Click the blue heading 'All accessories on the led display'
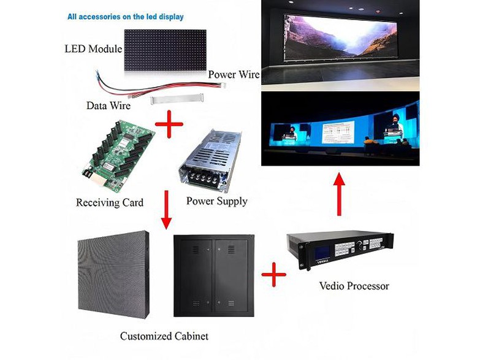125,17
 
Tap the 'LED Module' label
93,48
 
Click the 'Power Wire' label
234,74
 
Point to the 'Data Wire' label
109,105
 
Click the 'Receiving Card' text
110,202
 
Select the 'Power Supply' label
217,201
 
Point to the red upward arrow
339,193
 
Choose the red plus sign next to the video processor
273,275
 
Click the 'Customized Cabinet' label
164,335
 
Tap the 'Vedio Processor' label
354,286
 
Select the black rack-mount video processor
341,249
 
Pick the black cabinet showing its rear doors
213,275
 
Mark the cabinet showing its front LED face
113,274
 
